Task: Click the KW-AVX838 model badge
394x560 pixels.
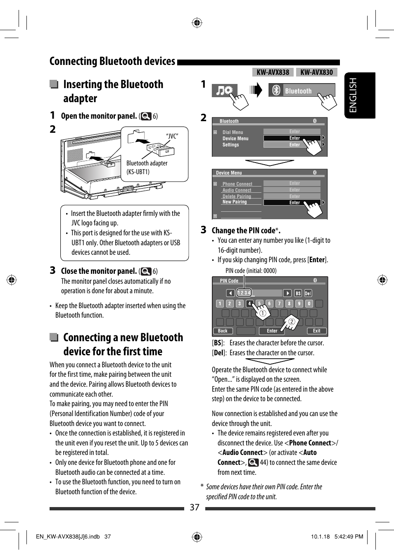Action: (x=273, y=72)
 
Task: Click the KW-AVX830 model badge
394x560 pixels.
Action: (x=316, y=72)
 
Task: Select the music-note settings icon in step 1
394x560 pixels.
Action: (x=224, y=90)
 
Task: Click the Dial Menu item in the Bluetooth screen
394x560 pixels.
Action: (x=233, y=132)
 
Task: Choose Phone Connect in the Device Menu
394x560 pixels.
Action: (x=237, y=184)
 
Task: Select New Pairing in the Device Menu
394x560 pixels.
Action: (x=234, y=202)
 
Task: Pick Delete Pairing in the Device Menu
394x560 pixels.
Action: (x=237, y=196)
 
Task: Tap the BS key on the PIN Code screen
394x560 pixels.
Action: (x=298, y=293)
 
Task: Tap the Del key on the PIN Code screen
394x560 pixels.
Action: (x=308, y=293)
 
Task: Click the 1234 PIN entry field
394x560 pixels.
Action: (x=244, y=293)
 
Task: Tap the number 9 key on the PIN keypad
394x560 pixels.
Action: (x=299, y=304)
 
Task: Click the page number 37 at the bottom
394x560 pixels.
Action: (x=195, y=507)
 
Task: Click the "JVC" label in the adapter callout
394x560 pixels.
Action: (x=172, y=136)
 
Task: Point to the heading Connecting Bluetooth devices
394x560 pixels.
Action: (x=112, y=61)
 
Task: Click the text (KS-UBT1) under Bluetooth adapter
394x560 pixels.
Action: (x=138, y=172)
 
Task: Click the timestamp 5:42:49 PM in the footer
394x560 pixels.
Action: (x=349, y=536)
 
